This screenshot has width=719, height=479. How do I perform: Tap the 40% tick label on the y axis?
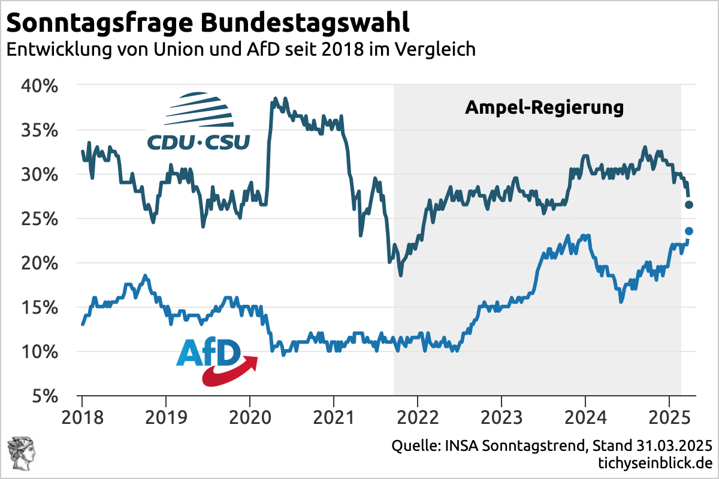click(x=41, y=86)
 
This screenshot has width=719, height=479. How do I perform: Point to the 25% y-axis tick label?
click(x=41, y=219)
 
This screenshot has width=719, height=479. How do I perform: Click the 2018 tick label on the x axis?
click(x=82, y=416)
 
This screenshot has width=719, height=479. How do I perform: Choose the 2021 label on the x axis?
click(x=334, y=416)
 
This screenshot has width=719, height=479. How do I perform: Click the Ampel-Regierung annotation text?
click(x=545, y=108)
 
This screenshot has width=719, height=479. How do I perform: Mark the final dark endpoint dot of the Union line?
click(x=689, y=205)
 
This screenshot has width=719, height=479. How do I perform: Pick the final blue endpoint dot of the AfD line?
click(x=689, y=231)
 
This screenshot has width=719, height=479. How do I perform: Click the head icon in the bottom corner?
click(x=19, y=452)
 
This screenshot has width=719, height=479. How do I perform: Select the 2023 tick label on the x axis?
click(x=502, y=416)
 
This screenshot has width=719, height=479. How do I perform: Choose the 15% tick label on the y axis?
click(x=41, y=308)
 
